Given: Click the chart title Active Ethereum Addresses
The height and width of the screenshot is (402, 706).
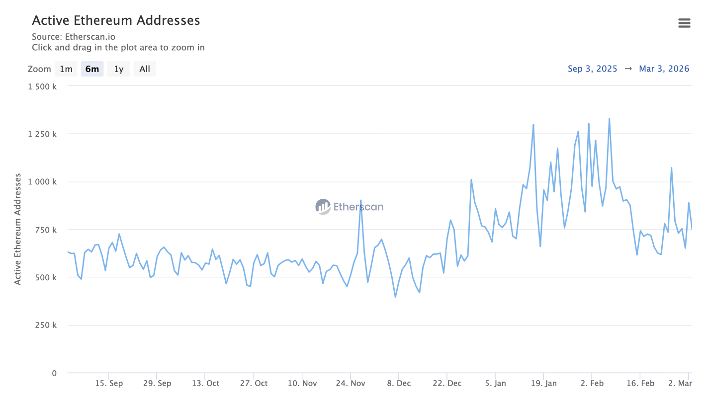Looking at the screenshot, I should tap(116, 20).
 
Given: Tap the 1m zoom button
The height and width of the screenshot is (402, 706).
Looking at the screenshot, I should tap(66, 69).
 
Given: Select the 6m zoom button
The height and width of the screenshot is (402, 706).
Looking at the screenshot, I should tap(92, 69).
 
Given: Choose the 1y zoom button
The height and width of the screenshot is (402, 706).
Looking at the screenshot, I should tap(118, 69).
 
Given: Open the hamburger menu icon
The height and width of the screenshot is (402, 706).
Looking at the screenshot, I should tap(684, 23).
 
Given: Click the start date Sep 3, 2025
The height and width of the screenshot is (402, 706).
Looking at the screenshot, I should tap(592, 69).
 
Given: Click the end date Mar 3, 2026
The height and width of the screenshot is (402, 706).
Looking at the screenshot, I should tap(664, 69).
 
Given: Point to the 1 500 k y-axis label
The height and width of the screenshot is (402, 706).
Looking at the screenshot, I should tap(42, 86).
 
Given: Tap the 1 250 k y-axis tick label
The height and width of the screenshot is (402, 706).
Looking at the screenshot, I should tap(42, 134).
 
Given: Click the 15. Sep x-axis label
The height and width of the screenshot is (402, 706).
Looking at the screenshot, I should tap(109, 384).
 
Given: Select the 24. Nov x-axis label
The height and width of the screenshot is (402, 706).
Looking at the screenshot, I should tap(351, 384).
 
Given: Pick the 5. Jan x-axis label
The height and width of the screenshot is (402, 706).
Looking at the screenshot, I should tap(495, 384).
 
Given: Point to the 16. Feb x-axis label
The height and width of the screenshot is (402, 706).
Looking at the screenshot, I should tap(640, 384).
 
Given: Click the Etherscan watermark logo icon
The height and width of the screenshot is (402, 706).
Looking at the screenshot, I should tap(323, 207).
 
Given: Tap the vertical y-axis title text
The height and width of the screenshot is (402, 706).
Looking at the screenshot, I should tap(18, 229).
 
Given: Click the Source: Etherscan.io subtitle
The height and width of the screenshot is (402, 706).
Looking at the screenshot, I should tap(74, 37).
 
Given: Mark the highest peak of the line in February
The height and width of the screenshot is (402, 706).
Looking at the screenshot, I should tap(609, 119).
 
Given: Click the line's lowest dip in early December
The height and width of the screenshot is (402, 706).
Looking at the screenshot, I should tap(395, 297).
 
